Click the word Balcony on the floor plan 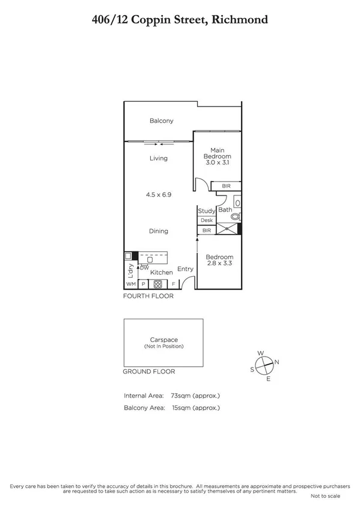pyautogui.click(x=161, y=121)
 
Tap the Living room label pyautogui.click(x=159, y=159)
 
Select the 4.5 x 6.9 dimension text pyautogui.click(x=159, y=195)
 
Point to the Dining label pyautogui.click(x=159, y=231)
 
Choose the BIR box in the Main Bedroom pyautogui.click(x=226, y=186)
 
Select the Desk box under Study pyautogui.click(x=207, y=220)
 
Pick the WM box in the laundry pyautogui.click(x=130, y=284)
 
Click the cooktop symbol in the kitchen pyautogui.click(x=158, y=284)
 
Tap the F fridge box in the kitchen pyautogui.click(x=174, y=284)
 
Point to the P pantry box pyautogui.click(x=144, y=284)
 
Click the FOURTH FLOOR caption pyautogui.click(x=148, y=296)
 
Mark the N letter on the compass pyautogui.click(x=276, y=362)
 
